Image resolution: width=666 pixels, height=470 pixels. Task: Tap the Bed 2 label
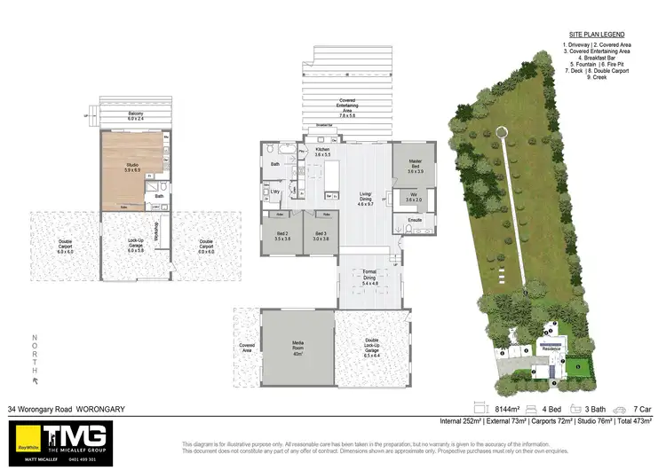tap(282, 236)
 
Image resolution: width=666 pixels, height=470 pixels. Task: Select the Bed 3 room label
tap(320, 236)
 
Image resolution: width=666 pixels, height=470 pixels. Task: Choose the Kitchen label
tap(321, 153)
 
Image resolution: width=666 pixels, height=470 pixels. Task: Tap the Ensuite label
tap(415, 219)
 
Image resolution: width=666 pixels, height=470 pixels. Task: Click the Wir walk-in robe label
tap(415, 197)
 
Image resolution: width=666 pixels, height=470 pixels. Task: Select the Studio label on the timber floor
tap(133, 167)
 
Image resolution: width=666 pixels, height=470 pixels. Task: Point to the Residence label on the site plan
tap(551, 349)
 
